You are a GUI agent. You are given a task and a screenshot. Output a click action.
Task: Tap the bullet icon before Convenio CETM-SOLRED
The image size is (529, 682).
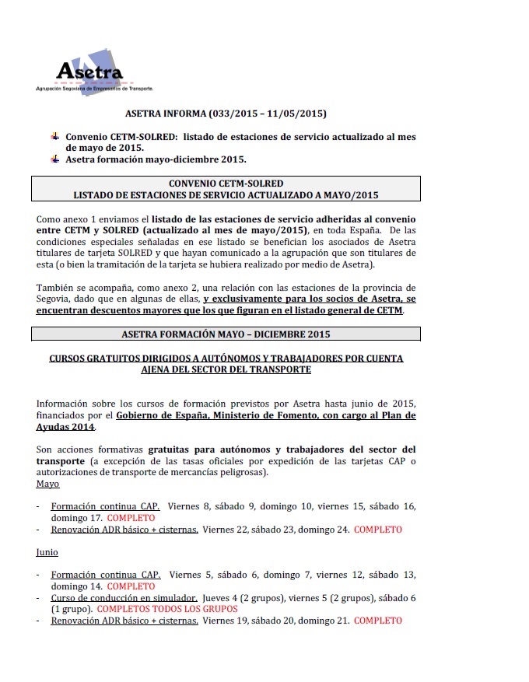tap(54, 137)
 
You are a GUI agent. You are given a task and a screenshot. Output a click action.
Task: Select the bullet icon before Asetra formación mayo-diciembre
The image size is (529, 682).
tap(54, 160)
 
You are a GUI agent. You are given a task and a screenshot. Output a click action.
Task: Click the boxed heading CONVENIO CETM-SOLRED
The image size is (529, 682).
tap(226, 184)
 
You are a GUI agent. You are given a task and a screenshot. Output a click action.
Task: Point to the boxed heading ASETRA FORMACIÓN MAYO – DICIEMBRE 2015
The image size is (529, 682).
tap(226, 334)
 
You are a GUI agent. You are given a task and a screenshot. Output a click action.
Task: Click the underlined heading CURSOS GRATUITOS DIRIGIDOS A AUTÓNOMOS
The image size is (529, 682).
tap(226, 363)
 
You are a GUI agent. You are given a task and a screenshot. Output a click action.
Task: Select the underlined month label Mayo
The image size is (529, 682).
tap(47, 484)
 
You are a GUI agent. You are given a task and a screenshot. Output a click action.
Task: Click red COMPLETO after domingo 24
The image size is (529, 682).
tap(377, 530)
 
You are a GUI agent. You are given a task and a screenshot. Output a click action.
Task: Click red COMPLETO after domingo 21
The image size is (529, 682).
tap(377, 621)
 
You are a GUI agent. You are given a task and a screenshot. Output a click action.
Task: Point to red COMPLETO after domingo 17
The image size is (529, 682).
tap(131, 518)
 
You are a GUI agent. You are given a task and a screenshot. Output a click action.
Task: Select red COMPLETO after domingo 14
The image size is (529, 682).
tap(131, 586)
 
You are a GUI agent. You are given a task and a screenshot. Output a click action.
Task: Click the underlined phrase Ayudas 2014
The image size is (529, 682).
tap(65, 427)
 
